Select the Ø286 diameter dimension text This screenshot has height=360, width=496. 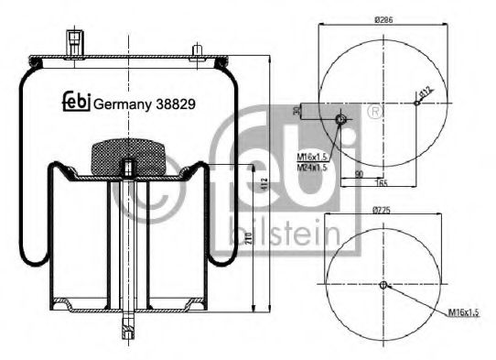383,18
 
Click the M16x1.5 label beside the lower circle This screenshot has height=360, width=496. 463,313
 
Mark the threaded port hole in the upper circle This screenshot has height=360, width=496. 341,121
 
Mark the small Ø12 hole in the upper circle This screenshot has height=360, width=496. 416,103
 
